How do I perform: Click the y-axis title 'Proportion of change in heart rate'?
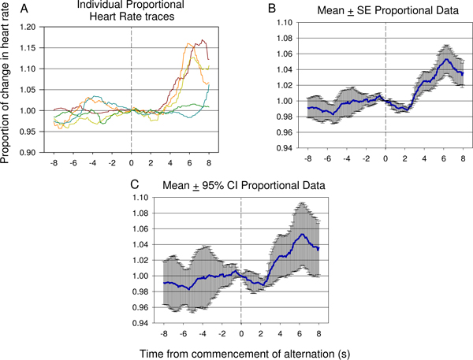tap(8, 81)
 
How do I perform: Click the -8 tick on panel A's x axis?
tap(53, 163)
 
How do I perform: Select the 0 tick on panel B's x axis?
tap(385, 158)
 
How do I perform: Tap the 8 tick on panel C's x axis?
tap(318, 334)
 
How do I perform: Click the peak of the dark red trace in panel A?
tap(203, 40)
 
